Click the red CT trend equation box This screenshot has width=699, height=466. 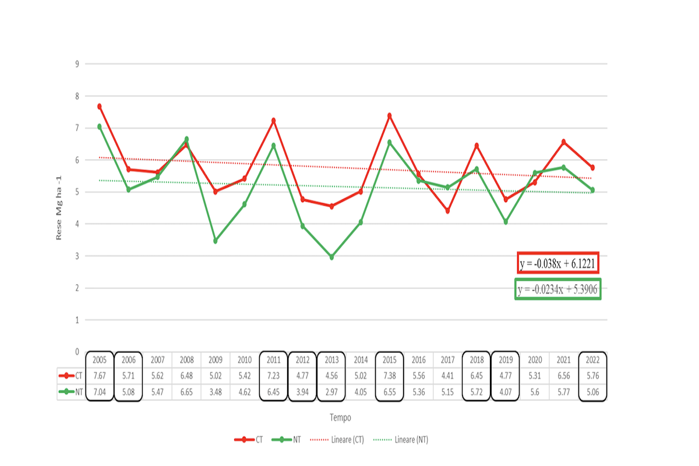pos(559,264)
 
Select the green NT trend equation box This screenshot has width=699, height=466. pos(558,290)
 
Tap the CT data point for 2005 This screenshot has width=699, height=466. pos(100,107)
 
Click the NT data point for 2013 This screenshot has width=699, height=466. pos(331,257)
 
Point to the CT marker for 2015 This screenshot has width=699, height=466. pos(390,116)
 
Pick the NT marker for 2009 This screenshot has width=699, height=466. pos(216,241)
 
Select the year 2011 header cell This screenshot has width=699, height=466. pos(273,360)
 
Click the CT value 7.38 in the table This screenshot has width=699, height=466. pos(390,376)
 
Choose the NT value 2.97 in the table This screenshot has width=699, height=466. pos(331,393)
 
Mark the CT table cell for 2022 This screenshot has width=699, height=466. pos(592,376)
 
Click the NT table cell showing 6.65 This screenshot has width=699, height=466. pos(186,393)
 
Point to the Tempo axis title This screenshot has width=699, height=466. pos(340,418)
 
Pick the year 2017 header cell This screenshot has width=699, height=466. pos(447,360)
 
